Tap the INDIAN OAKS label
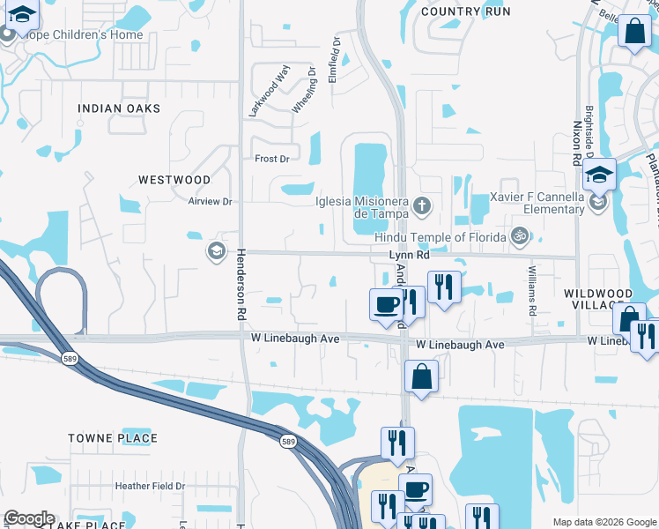119,108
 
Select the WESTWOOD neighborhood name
174,179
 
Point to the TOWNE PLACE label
114,438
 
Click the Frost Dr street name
271,159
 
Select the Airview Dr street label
210,201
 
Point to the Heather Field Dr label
149,486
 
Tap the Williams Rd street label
532,292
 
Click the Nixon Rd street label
577,142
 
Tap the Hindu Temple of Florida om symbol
520,235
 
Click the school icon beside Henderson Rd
215,252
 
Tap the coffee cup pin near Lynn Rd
386,305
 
